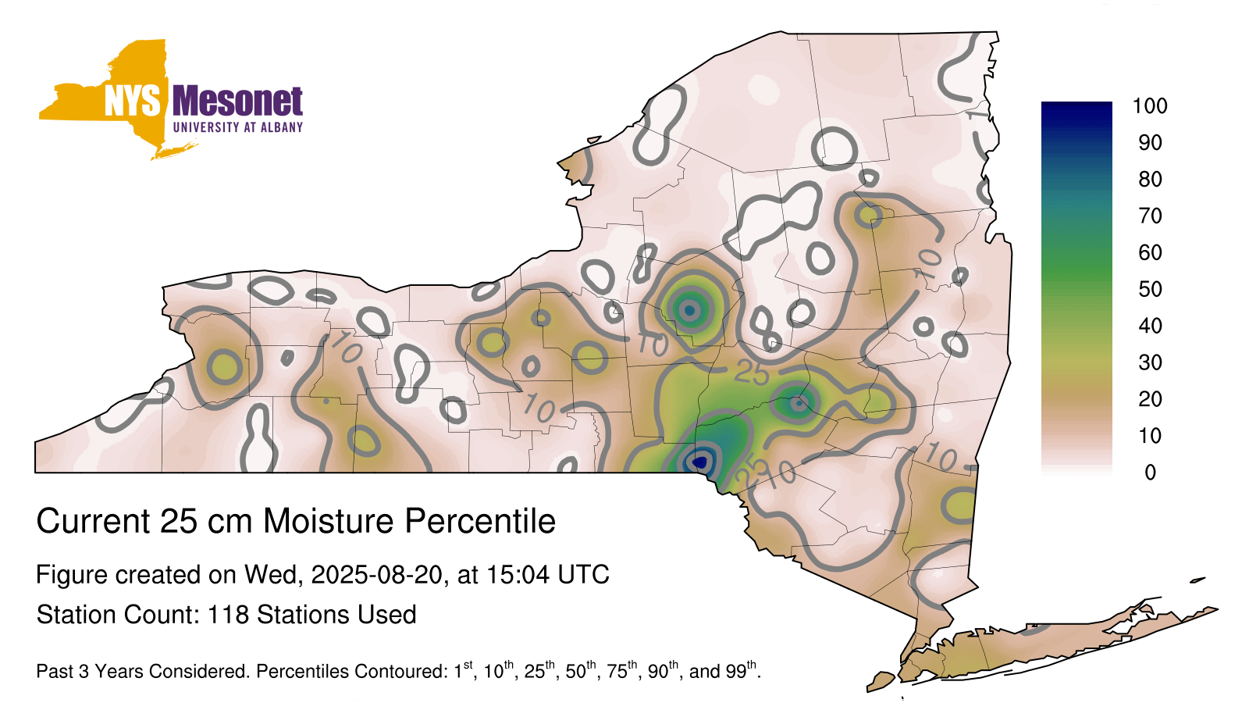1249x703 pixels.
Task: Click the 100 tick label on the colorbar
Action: point(1150,106)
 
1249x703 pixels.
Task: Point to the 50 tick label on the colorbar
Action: point(1150,289)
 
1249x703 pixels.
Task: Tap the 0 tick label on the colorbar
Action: point(1150,473)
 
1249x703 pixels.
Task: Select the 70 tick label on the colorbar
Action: point(1150,216)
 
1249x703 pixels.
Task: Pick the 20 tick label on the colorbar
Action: point(1150,399)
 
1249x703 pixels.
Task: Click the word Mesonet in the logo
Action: point(237,102)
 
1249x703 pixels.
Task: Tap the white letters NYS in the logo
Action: point(133,102)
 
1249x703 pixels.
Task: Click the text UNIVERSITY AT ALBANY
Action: point(238,127)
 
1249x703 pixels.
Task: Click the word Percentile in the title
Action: point(480,521)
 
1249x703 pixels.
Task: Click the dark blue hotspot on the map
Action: point(700,462)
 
